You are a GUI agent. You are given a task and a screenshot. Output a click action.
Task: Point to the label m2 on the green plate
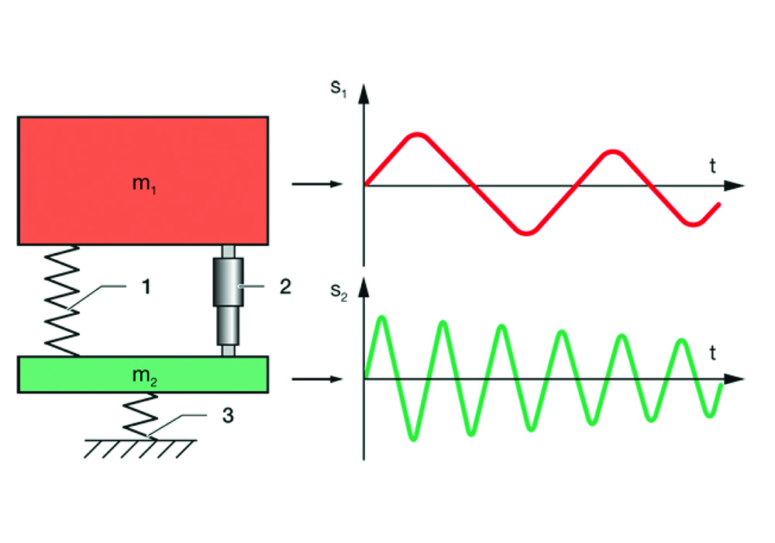coord(144,375)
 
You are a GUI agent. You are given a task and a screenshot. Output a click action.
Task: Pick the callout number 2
coord(284,286)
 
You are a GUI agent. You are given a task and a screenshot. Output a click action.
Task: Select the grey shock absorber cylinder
coord(229,299)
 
